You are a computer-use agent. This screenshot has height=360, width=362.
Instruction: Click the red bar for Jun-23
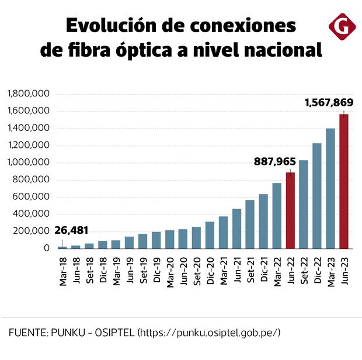point(344,181)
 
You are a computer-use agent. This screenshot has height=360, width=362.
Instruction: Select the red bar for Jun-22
point(290,210)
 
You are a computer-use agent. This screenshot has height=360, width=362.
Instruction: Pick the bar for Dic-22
point(317,196)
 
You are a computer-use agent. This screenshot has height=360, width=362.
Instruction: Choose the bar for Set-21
point(250,224)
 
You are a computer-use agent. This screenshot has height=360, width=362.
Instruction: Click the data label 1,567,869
point(327,102)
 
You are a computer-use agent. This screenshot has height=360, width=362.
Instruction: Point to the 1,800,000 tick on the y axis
point(27,94)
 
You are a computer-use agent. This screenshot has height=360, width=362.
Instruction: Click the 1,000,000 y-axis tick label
point(27,162)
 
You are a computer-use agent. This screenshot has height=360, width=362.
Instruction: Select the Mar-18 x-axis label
point(62,271)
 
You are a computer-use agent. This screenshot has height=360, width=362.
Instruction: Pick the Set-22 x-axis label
point(304,271)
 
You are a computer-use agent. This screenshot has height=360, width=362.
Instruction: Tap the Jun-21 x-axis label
point(236,271)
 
